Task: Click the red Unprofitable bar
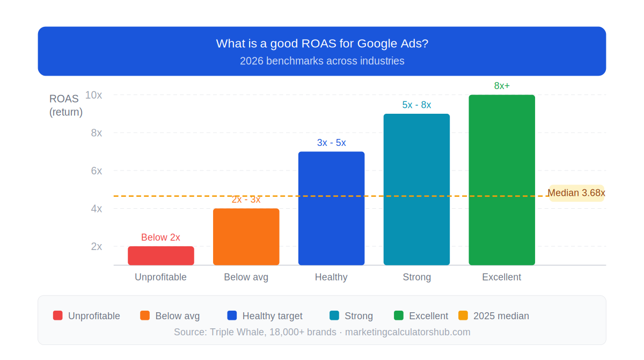point(160,256)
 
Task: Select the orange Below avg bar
point(246,237)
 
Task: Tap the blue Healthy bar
point(331,208)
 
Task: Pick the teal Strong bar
point(416,189)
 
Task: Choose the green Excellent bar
point(502,180)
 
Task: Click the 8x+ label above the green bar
point(502,86)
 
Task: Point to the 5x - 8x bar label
point(416,105)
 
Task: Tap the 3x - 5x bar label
point(331,143)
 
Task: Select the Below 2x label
point(160,237)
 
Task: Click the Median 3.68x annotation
point(576,193)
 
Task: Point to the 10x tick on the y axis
point(93,95)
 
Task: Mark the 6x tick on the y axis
point(96,171)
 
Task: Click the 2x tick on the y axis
point(96,246)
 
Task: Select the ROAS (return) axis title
point(65,105)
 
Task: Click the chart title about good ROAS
point(322,43)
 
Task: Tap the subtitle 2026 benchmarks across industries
point(322,61)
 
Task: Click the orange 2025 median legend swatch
point(463,315)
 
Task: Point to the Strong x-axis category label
point(416,277)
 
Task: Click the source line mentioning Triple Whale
point(322,332)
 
